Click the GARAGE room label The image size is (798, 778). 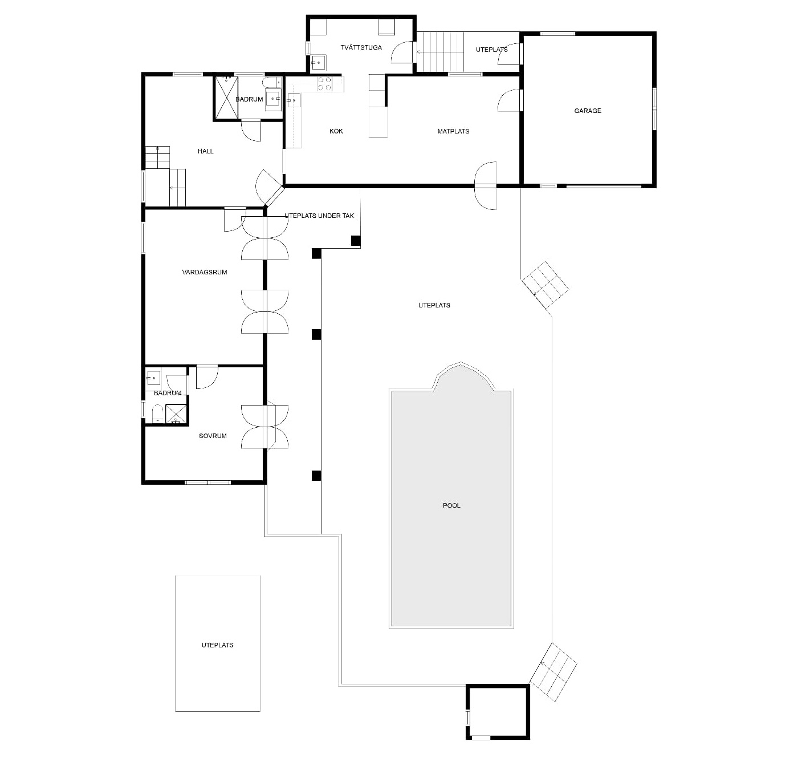587,111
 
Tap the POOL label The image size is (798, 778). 451,505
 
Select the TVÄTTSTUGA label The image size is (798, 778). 361,47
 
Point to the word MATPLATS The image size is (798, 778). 453,131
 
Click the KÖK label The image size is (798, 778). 336,131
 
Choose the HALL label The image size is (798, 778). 205,151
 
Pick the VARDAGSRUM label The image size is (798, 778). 204,272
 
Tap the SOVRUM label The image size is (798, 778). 213,436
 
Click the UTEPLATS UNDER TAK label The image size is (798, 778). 319,216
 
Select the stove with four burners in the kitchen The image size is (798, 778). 325,84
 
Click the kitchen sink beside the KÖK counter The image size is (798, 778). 294,100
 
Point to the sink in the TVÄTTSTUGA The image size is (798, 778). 318,62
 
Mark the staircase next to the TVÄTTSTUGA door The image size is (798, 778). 440,51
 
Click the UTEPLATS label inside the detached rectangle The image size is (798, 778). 217,645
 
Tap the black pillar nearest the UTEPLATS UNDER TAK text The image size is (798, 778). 356,241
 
